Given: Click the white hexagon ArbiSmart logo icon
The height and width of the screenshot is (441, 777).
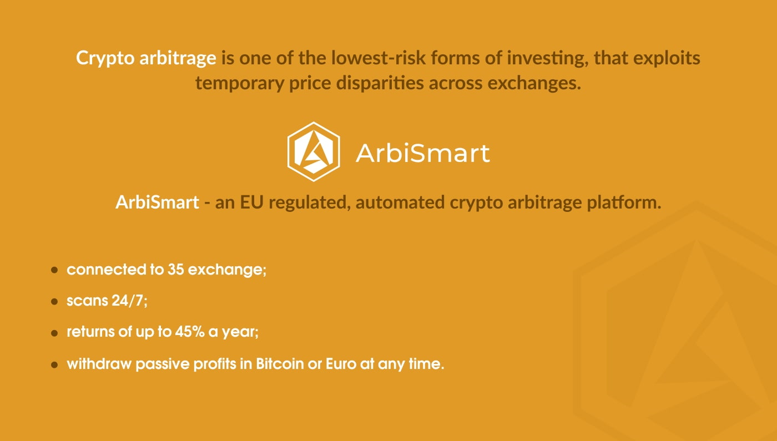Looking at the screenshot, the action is pos(314,151).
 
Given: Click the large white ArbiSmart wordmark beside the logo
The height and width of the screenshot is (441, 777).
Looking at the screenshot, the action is pos(423,153).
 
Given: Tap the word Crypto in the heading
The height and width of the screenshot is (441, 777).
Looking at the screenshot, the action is pos(105,58).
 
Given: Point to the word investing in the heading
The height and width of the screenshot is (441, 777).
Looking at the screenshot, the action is pos(547,58).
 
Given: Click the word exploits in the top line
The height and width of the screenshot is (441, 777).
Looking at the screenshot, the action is pos(667,58).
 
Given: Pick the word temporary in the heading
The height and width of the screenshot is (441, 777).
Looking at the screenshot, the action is pos(239,84).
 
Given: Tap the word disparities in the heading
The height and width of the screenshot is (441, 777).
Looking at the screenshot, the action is pos(380,83).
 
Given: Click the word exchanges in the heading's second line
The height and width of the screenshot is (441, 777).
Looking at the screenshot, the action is pos(534,83).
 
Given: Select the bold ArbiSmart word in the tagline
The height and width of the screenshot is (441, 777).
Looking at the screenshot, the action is pos(157,202).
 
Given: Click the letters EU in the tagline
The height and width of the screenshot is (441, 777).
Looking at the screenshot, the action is pos(251,202).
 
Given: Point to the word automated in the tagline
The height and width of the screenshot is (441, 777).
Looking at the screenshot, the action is pos(400,202).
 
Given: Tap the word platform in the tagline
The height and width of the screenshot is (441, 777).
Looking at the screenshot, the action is pos(624,202).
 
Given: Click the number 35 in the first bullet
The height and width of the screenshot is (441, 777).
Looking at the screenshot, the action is pos(175,270).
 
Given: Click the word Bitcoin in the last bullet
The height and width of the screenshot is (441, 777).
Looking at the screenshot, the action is pos(280,364).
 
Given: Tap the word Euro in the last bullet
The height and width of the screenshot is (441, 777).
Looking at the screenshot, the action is pos(341,364).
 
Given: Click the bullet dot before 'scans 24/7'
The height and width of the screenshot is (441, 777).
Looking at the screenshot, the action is pos(54,302).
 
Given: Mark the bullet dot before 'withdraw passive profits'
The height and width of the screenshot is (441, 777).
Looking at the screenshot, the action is pos(54,365).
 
